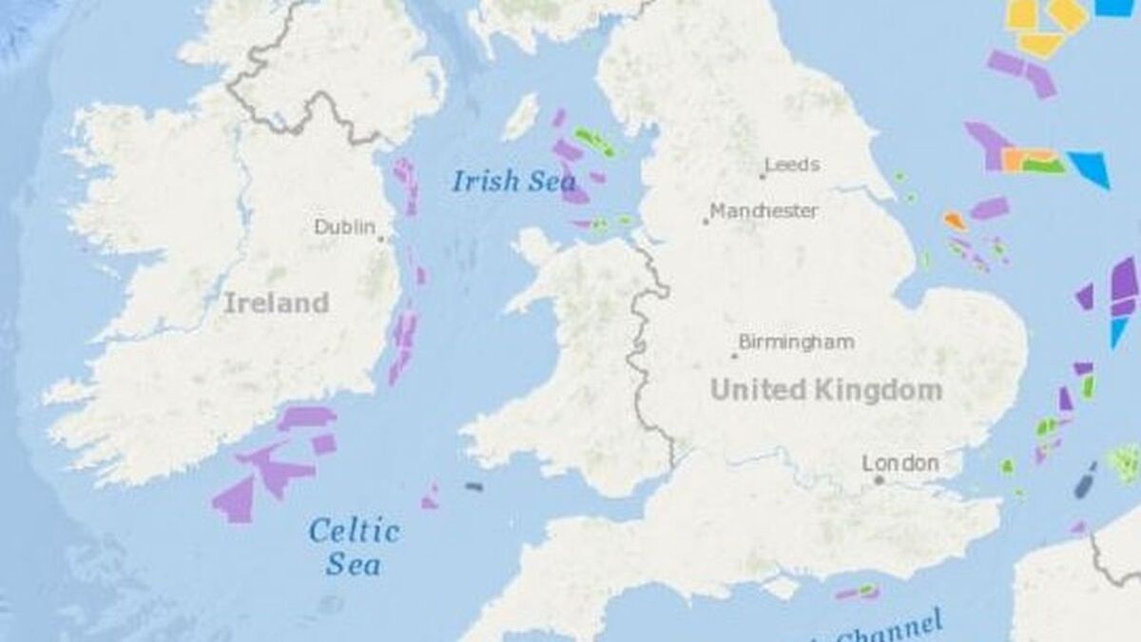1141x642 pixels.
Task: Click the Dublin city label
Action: (x=344, y=227)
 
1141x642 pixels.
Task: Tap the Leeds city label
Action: (x=792, y=165)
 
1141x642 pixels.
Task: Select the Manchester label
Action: (x=764, y=210)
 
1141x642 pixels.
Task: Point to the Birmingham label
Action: (x=797, y=341)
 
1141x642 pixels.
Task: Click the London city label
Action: (x=899, y=463)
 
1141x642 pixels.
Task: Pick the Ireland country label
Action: (x=276, y=303)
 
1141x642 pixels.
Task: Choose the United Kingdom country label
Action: (x=826, y=389)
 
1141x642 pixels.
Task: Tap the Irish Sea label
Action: (x=500, y=180)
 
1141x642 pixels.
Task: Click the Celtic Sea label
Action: (x=355, y=546)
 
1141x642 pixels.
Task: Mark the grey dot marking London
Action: (x=880, y=480)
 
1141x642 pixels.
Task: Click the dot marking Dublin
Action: (x=380, y=239)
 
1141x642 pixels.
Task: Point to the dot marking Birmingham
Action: (x=734, y=356)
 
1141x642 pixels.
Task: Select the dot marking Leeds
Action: (x=763, y=176)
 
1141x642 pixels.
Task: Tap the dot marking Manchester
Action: (x=706, y=222)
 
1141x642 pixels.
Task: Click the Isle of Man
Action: (x=520, y=117)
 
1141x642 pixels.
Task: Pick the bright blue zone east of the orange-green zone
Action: (x=1090, y=167)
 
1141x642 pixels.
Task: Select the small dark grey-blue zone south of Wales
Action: (x=473, y=487)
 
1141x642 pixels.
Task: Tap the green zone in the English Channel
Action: (x=867, y=591)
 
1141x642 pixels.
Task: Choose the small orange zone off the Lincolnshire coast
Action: (x=955, y=221)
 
